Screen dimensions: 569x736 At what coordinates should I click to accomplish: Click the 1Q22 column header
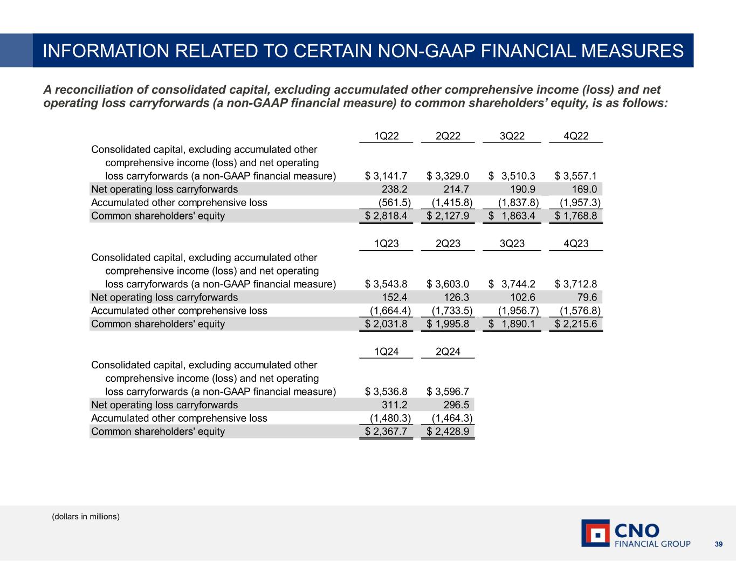coord(386,136)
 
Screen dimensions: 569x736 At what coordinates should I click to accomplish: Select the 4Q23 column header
coord(575,244)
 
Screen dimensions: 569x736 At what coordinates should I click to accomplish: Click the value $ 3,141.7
coord(386,176)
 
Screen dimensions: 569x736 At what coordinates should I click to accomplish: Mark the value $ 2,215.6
coord(575,324)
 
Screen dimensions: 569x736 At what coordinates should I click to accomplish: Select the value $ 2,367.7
coord(386,431)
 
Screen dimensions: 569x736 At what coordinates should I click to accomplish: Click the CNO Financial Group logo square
coord(595,533)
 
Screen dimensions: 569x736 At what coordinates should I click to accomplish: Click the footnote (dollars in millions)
coord(86,517)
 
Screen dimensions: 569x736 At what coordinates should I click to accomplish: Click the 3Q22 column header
coord(512,136)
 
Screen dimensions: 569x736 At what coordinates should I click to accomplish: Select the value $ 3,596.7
coord(448,392)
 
